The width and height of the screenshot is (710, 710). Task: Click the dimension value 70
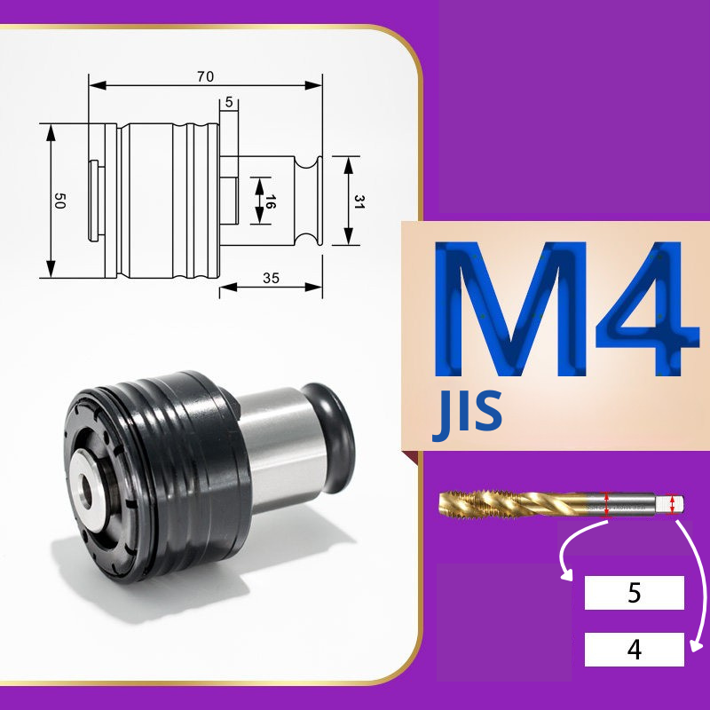[x=205, y=76]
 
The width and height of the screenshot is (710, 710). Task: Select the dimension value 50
[x=59, y=201]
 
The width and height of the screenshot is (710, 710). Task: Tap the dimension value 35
[x=271, y=278]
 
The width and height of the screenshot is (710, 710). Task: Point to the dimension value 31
[x=359, y=201]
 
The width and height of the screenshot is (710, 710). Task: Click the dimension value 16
[x=270, y=201]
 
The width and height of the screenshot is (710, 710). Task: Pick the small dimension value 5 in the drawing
[x=229, y=102]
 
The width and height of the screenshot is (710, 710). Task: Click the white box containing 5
[x=634, y=593]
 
